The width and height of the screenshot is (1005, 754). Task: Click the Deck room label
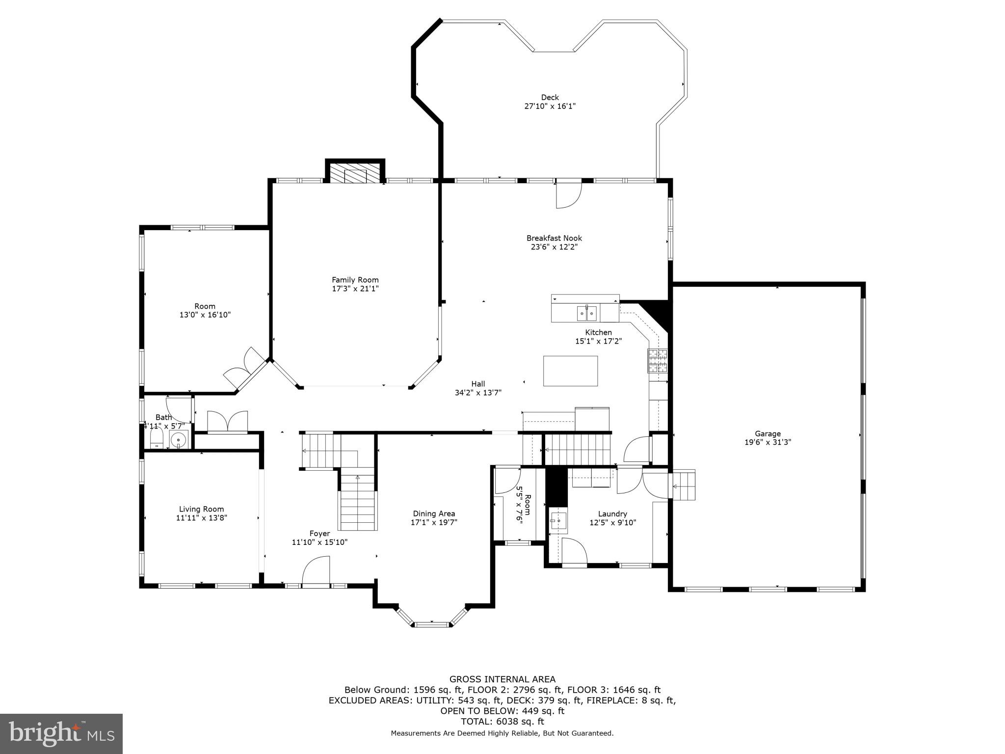pyautogui.click(x=550, y=97)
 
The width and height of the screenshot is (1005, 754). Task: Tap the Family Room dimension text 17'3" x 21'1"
pyautogui.click(x=355, y=289)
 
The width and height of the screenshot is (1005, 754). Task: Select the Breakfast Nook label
pyautogui.click(x=554, y=238)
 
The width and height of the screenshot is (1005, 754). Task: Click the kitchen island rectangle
pyautogui.click(x=570, y=371)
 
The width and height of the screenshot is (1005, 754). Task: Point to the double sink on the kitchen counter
pyautogui.click(x=587, y=312)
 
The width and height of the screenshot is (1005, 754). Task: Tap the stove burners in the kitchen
pyautogui.click(x=658, y=361)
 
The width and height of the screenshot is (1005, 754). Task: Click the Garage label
pyautogui.click(x=767, y=433)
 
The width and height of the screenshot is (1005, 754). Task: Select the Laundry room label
pyautogui.click(x=612, y=514)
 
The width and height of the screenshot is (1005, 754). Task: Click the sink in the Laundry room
pyautogui.click(x=558, y=520)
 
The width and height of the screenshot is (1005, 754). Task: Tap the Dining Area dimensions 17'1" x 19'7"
pyautogui.click(x=434, y=522)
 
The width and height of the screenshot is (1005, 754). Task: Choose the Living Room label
pyautogui.click(x=201, y=509)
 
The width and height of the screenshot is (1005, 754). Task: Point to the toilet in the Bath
pyautogui.click(x=157, y=438)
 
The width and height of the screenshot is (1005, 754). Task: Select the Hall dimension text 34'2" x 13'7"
pyautogui.click(x=478, y=392)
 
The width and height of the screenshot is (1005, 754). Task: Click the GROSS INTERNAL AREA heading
pyautogui.click(x=502, y=679)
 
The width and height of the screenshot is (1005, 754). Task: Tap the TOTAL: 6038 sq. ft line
pyautogui.click(x=502, y=722)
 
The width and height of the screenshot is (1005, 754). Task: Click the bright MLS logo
pyautogui.click(x=61, y=734)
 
